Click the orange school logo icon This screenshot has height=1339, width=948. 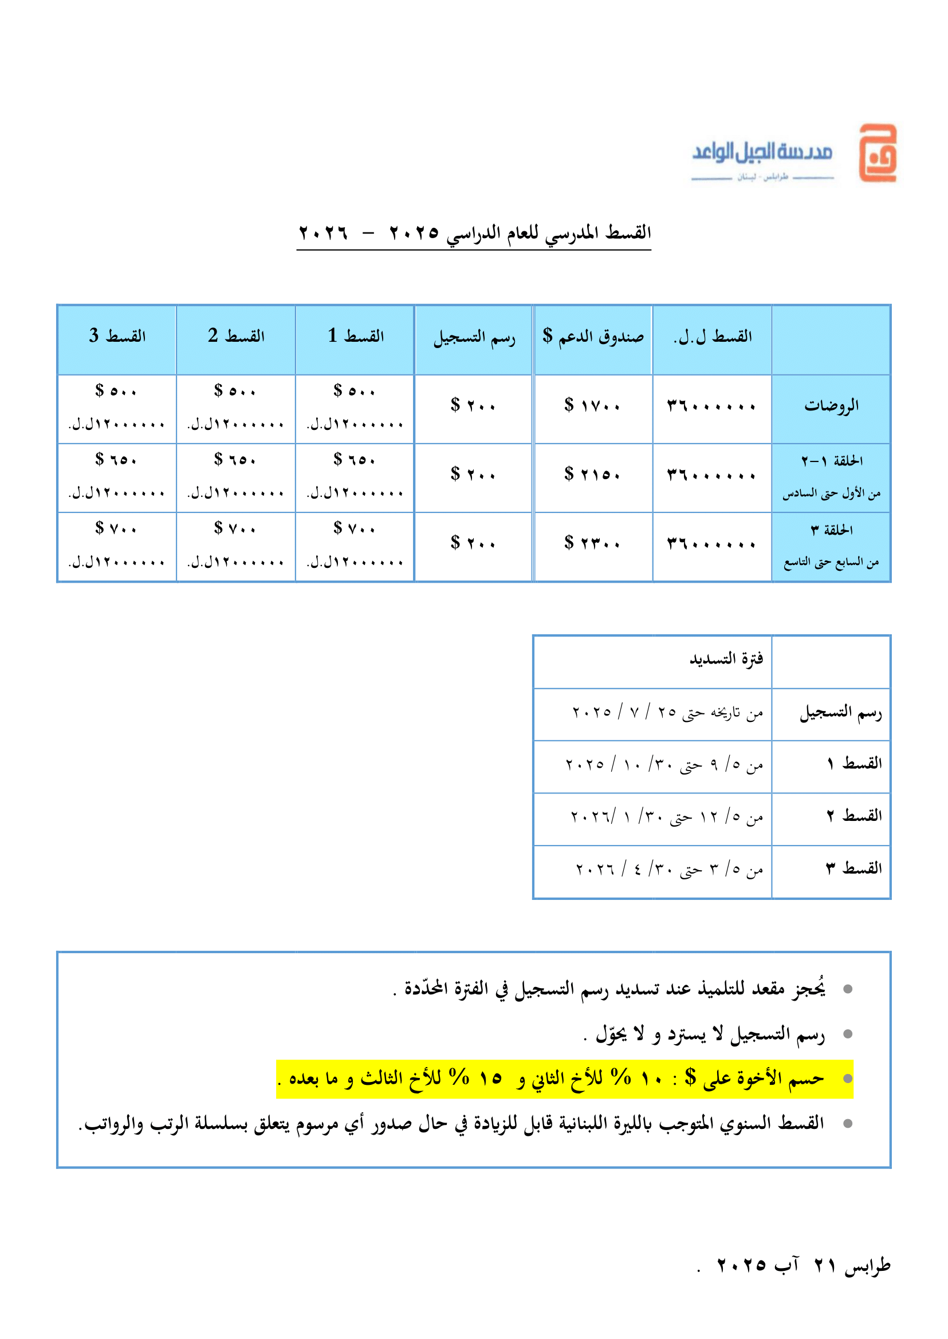click(877, 153)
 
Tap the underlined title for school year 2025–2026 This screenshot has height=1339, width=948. click(474, 234)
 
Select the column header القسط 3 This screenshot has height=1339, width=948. click(117, 336)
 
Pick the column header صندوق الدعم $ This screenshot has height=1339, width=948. click(592, 336)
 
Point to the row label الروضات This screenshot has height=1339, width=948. click(831, 405)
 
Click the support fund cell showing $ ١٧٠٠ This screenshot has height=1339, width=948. click(592, 405)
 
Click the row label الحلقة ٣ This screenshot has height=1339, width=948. click(831, 530)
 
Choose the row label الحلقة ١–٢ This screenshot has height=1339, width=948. click(831, 461)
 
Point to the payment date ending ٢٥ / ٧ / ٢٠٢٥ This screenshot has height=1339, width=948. click(667, 712)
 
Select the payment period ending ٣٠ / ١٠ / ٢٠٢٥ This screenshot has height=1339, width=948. click(664, 765)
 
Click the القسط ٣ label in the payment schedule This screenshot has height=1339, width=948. click(853, 869)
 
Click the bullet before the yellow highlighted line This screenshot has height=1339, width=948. click(848, 1079)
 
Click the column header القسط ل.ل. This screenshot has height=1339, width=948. click(712, 337)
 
